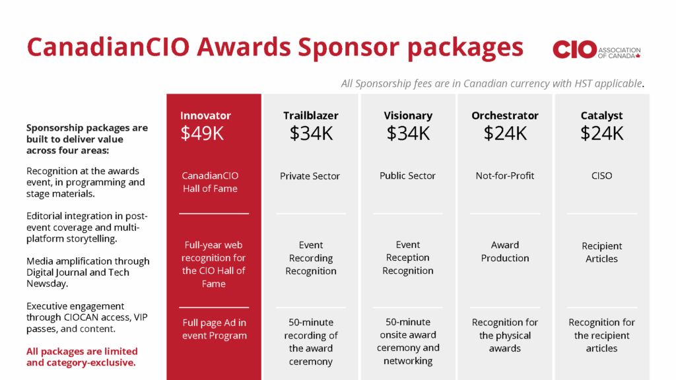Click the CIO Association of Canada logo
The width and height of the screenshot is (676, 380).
597,49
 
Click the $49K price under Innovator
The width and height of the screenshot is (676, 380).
202,133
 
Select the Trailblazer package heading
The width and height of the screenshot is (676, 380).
310,115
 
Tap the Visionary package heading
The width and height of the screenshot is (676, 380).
408,115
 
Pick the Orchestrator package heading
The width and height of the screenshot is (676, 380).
505,115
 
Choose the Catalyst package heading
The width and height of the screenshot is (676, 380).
601,115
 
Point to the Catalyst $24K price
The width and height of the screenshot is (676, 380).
601,133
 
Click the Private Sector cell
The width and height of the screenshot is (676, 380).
310,175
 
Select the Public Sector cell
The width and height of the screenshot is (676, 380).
407,175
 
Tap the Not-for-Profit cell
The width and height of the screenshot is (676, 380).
505,175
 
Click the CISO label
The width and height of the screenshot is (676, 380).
601,175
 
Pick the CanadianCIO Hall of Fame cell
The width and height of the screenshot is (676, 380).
210,182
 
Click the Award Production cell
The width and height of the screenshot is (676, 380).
505,251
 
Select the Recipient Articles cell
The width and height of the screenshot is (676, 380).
601,252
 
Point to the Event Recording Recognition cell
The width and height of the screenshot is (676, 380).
311,258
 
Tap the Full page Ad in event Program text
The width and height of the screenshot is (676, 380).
215,329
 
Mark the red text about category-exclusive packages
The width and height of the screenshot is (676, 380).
82,357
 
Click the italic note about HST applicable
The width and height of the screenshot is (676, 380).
492,83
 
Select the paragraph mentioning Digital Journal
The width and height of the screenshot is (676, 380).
88,272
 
